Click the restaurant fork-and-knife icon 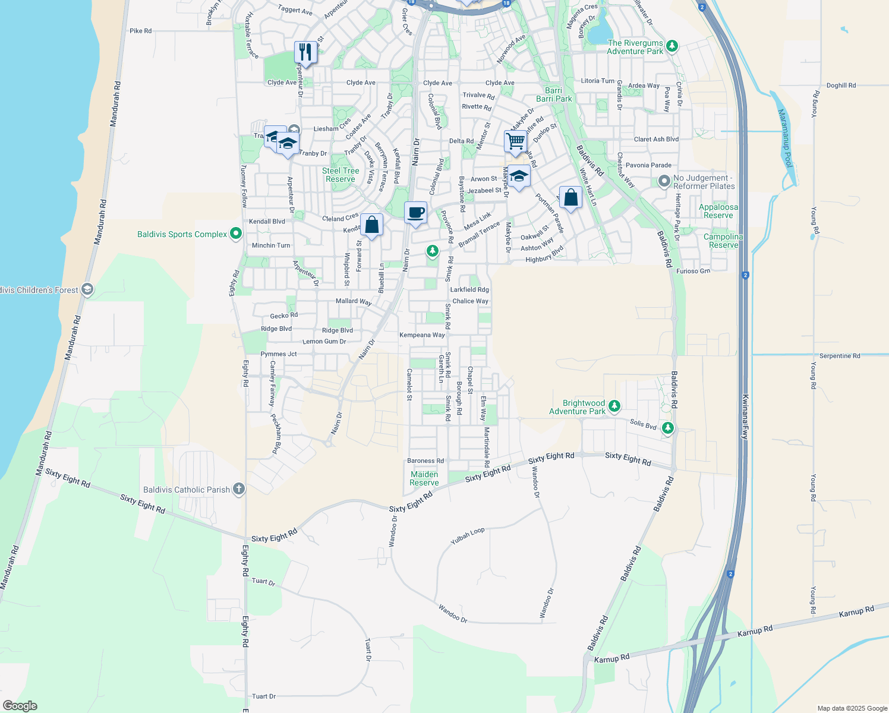[x=305, y=52]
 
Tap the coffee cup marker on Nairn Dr [x=416, y=213]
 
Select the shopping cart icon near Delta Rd [x=515, y=141]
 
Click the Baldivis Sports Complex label [x=182, y=234]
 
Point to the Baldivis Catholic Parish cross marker [x=238, y=489]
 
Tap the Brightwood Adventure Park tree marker [x=614, y=406]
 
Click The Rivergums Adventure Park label [x=635, y=47]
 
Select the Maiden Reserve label [x=424, y=478]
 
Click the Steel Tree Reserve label [x=341, y=175]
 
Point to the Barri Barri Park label [x=554, y=94]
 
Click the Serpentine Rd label [x=840, y=356]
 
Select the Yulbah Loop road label [x=468, y=536]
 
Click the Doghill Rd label [x=841, y=86]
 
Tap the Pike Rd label [x=140, y=31]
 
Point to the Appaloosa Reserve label [x=718, y=211]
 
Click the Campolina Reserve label [x=723, y=241]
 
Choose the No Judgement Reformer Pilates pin [x=664, y=180]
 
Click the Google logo [x=20, y=706]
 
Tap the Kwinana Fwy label [x=745, y=416]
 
